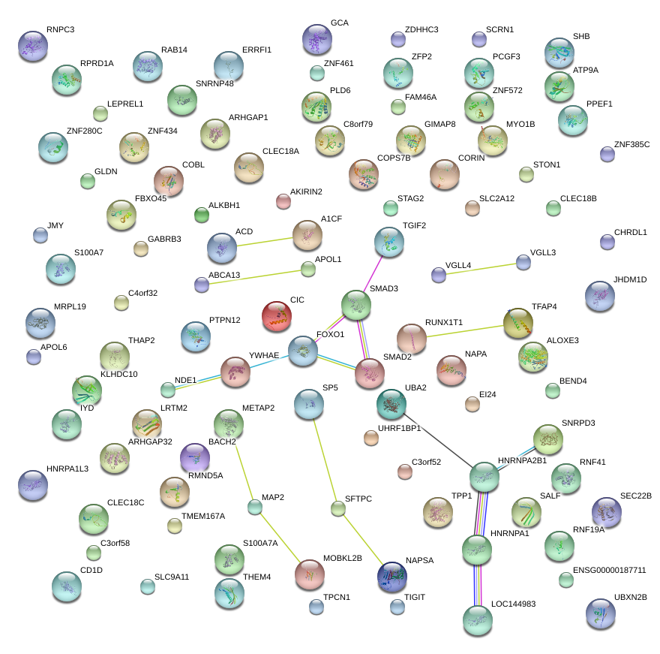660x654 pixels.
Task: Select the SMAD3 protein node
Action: click(x=355, y=305)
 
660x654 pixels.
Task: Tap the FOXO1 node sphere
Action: click(x=303, y=351)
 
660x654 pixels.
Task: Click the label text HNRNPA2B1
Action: click(x=523, y=460)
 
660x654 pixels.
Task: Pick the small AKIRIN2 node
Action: click(x=283, y=200)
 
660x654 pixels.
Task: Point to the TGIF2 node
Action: click(x=388, y=242)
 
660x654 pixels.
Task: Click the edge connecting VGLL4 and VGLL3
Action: click(x=481, y=268)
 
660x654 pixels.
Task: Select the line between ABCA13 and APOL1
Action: click(x=254, y=276)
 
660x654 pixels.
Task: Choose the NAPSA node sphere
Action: click(x=392, y=576)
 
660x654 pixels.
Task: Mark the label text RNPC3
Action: click(x=60, y=30)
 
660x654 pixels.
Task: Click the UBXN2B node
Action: click(x=599, y=613)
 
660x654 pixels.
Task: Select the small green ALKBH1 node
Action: click(x=202, y=215)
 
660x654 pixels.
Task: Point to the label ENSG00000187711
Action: click(x=609, y=571)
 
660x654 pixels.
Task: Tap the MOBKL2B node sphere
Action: click(x=309, y=574)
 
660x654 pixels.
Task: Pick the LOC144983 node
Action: click(x=477, y=620)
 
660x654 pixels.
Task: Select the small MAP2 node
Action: click(x=255, y=507)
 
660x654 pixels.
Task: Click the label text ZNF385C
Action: click(x=631, y=144)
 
